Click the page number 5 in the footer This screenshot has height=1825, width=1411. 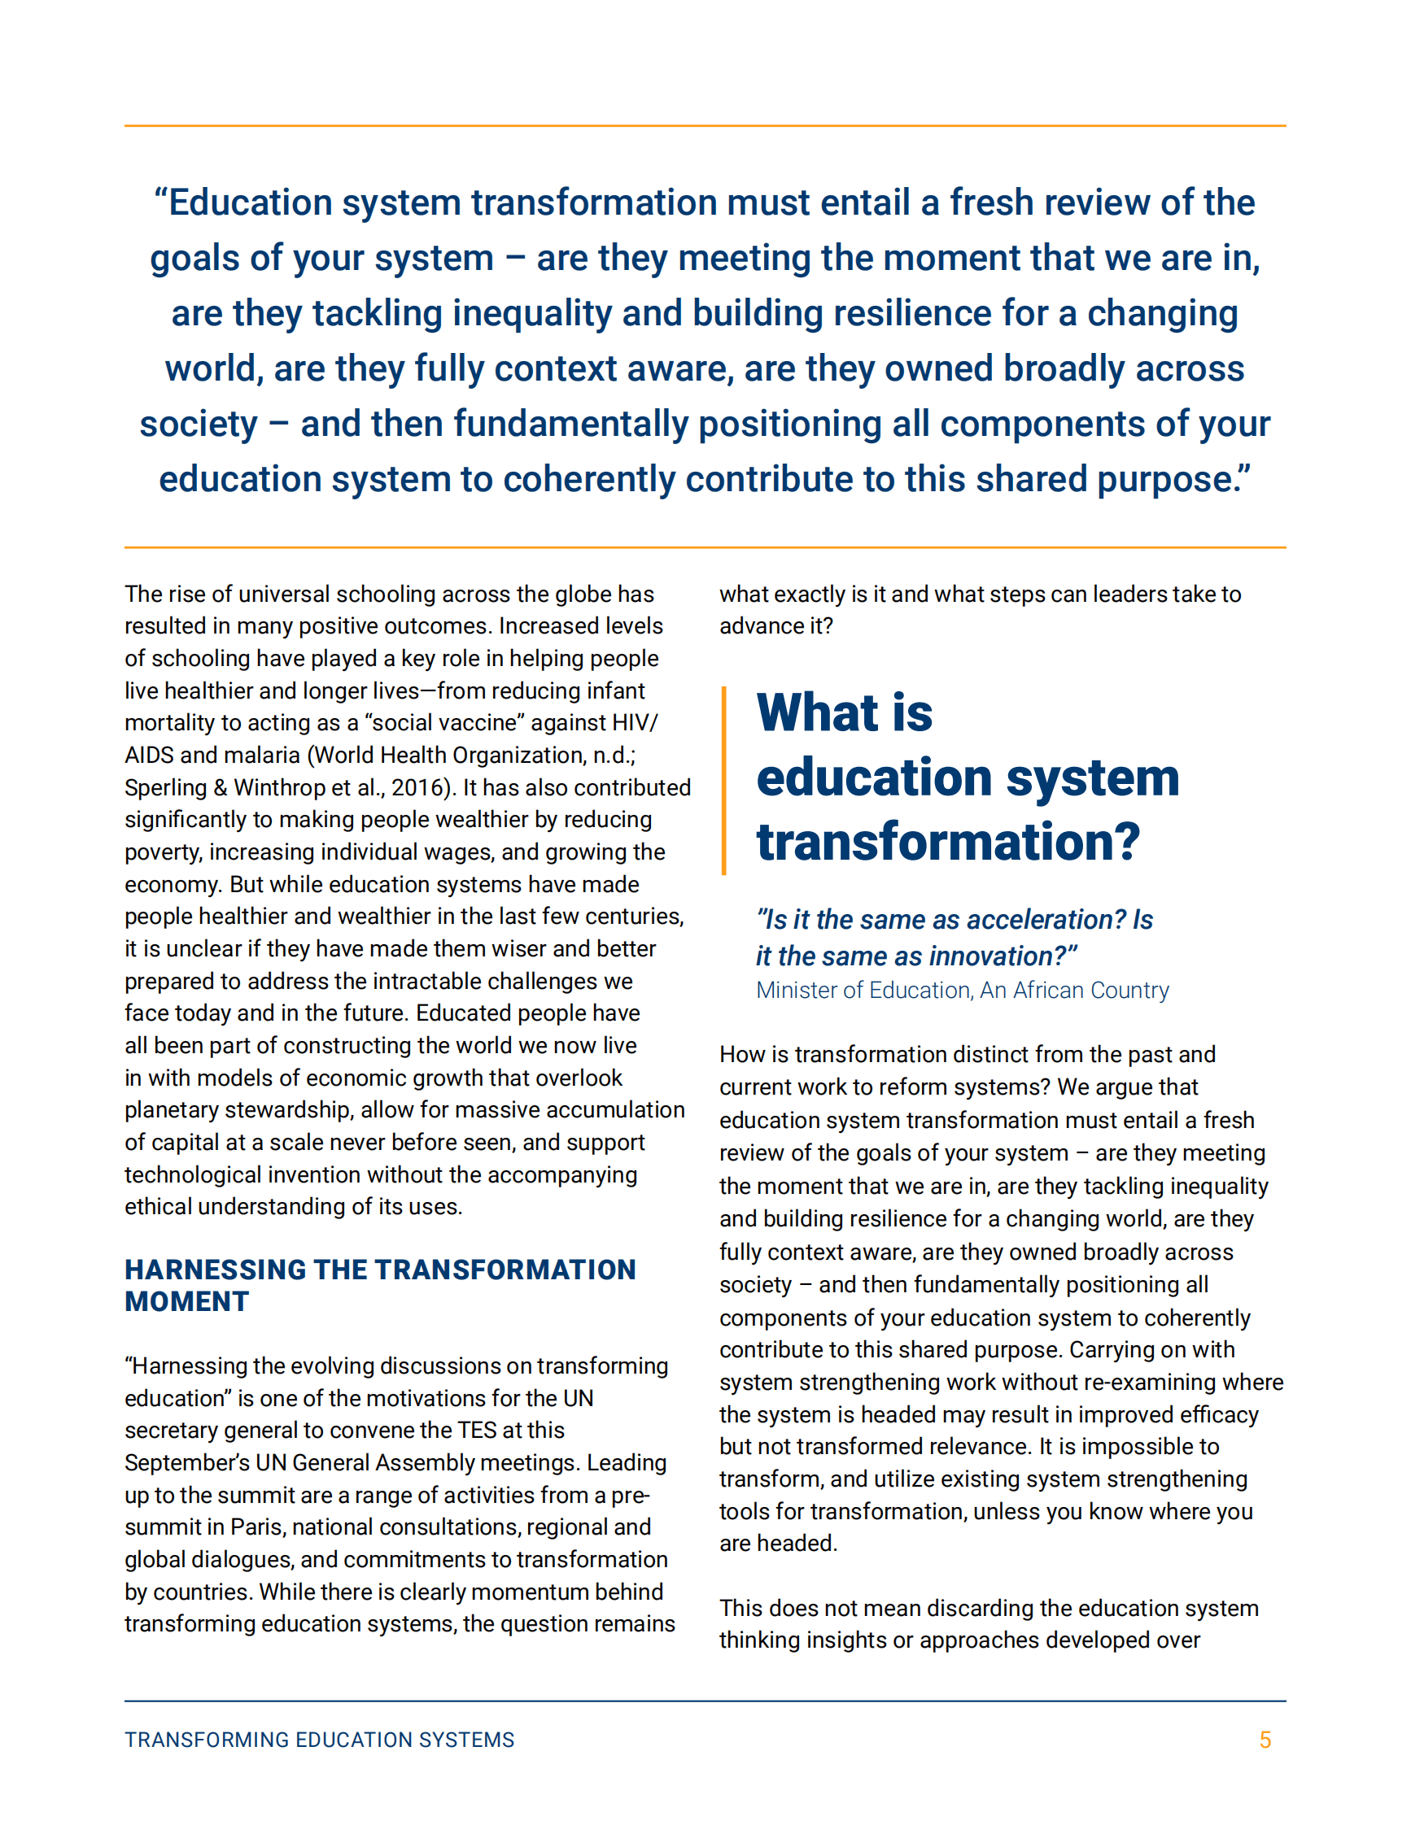[1265, 1740]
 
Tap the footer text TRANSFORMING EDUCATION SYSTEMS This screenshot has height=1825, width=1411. [319, 1740]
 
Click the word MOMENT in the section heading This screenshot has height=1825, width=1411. [186, 1302]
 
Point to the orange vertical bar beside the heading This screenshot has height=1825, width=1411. [724, 780]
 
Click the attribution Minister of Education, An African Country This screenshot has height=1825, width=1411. [962, 991]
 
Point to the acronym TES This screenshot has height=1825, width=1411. [478, 1431]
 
